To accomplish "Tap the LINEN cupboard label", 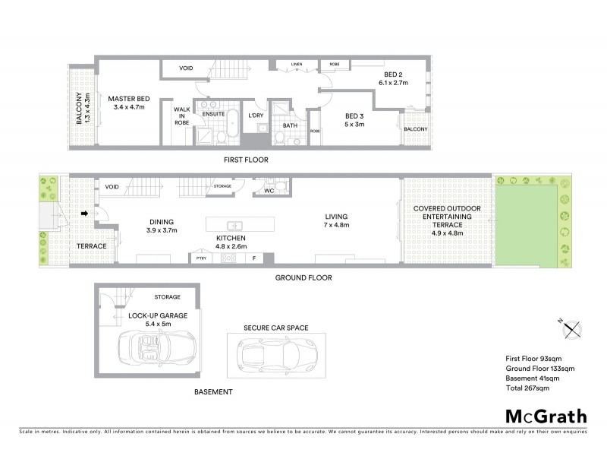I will (297, 64).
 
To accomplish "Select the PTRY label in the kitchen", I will (201, 258).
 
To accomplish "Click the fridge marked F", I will (253, 258).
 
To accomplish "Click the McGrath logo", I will (546, 416).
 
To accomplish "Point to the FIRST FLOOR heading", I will (246, 160).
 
